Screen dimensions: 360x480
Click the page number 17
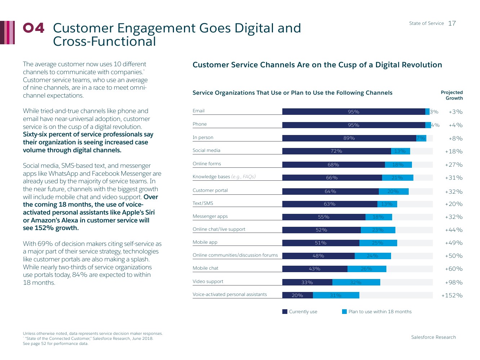(x=452, y=23)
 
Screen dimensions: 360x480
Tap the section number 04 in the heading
(x=34, y=28)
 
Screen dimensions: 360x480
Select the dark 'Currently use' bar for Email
(x=354, y=112)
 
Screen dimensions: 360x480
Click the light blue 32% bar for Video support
(x=356, y=283)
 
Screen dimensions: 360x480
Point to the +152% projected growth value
(x=452, y=296)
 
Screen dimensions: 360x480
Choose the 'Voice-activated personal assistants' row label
(x=230, y=294)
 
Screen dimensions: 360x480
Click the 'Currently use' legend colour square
(x=285, y=312)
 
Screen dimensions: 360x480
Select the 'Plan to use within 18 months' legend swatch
(x=344, y=312)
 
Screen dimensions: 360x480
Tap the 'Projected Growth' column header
(x=452, y=95)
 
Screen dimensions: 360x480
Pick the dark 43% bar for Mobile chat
(x=315, y=269)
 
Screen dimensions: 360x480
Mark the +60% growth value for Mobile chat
(x=454, y=269)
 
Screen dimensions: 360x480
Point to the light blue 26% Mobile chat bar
(x=367, y=269)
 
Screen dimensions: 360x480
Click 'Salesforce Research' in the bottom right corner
(x=433, y=337)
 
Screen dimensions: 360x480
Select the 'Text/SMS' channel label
(x=203, y=203)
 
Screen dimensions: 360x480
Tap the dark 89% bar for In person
(x=349, y=138)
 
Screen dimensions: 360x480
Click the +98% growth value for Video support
(x=454, y=283)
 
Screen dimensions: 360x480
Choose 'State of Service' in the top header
(x=426, y=23)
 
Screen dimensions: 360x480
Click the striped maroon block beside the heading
(x=8, y=32)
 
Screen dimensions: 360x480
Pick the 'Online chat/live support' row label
(x=219, y=229)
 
